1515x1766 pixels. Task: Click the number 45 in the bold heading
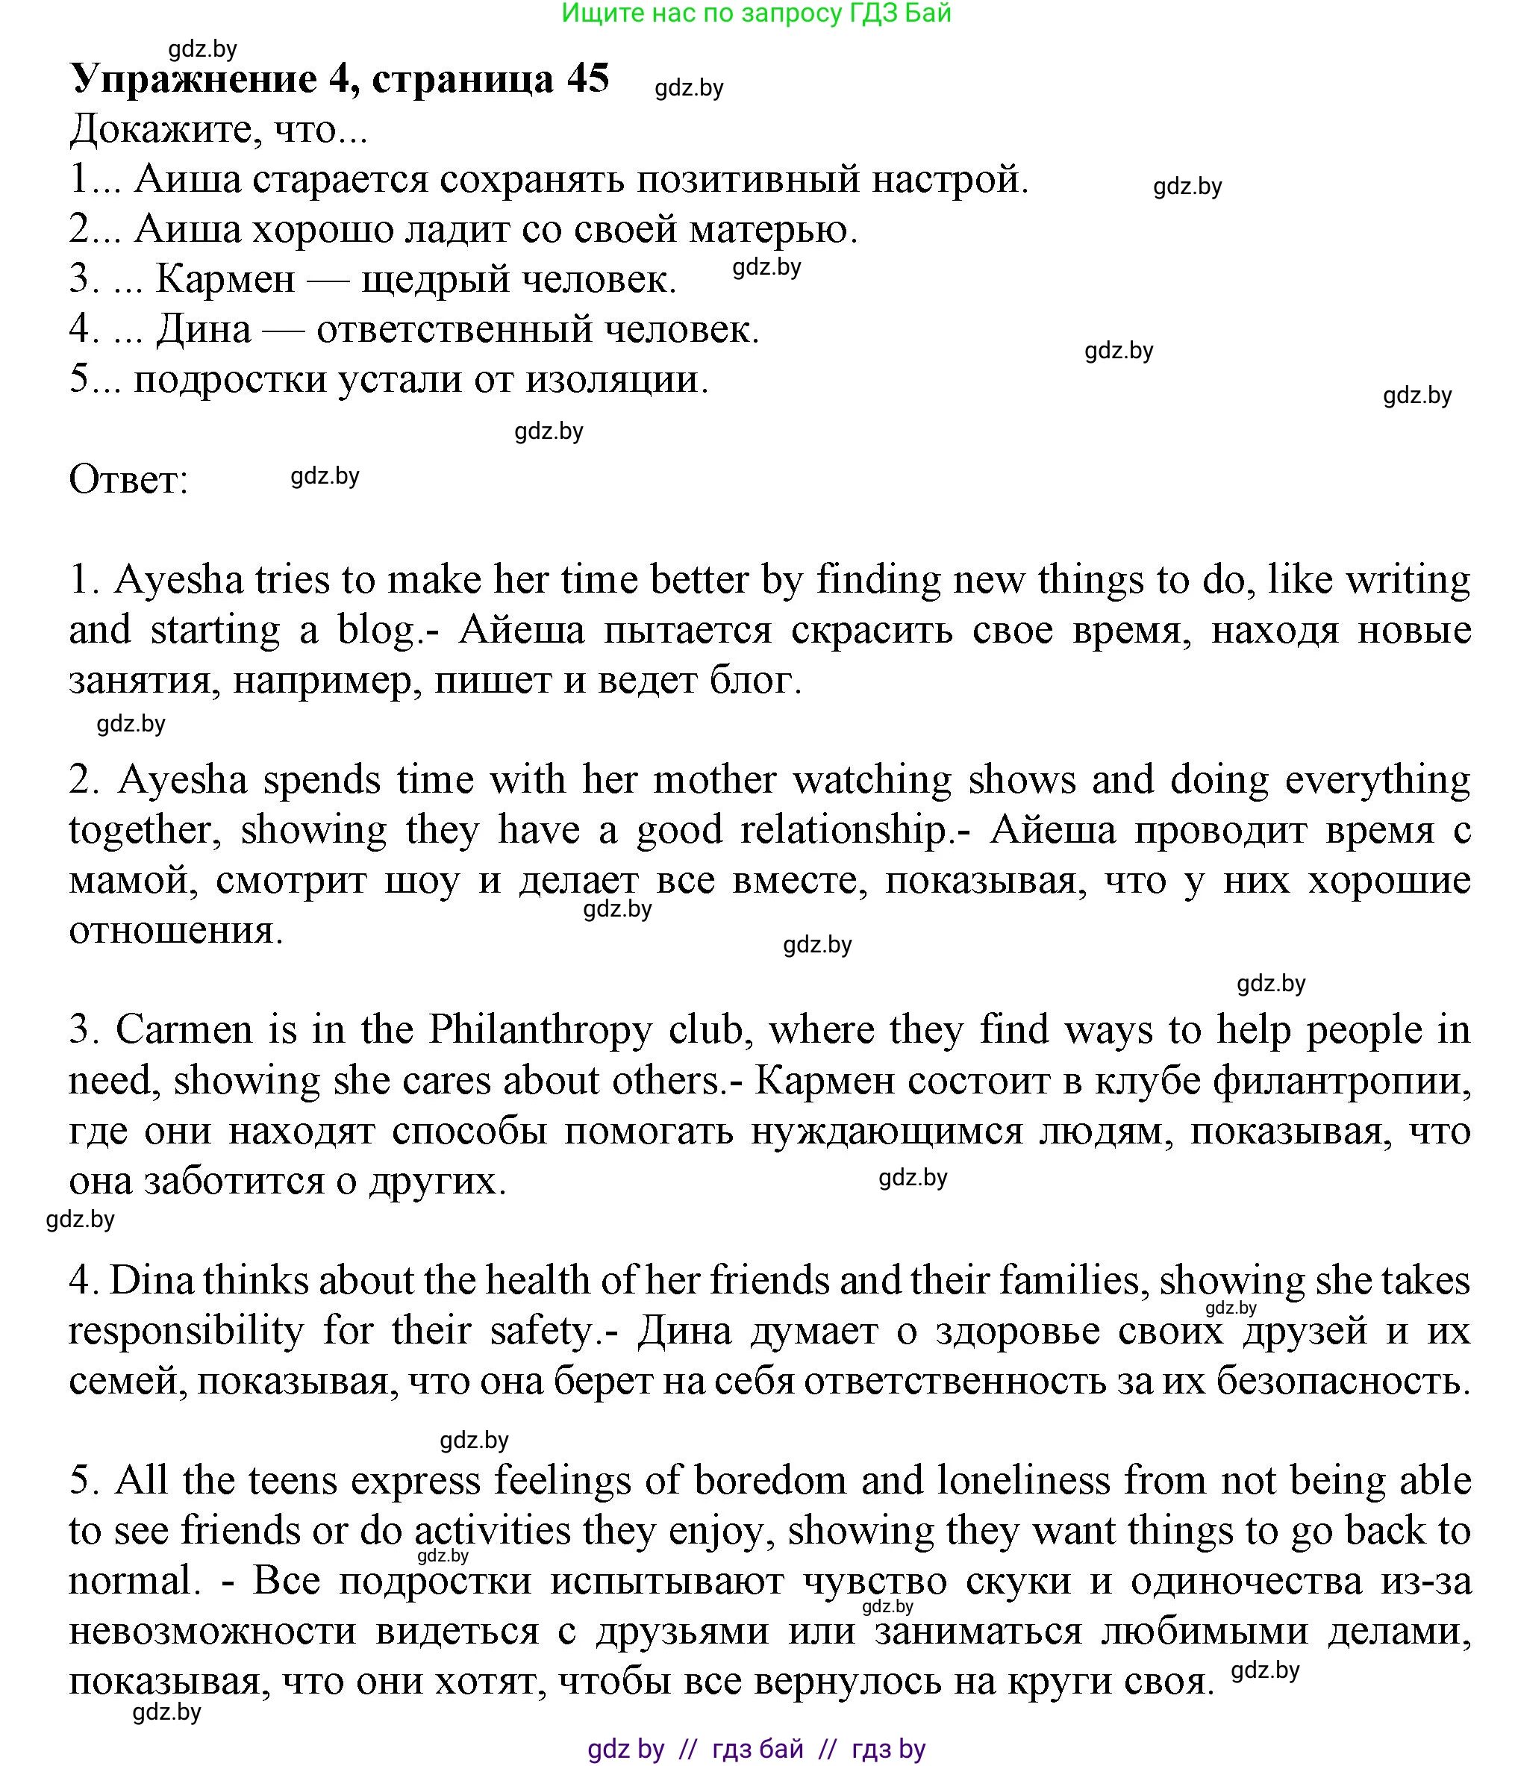(x=587, y=79)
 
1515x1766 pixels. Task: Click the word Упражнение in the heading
(x=193, y=79)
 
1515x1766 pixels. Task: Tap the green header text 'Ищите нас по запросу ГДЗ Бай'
(x=756, y=13)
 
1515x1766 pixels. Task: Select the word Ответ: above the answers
(x=128, y=480)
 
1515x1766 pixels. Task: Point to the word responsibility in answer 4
(x=186, y=1329)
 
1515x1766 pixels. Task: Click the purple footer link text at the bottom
(x=756, y=1749)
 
